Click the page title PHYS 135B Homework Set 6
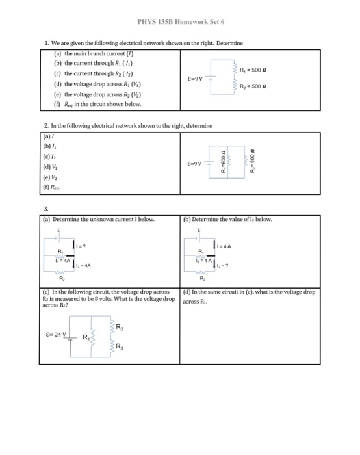point(180,20)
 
